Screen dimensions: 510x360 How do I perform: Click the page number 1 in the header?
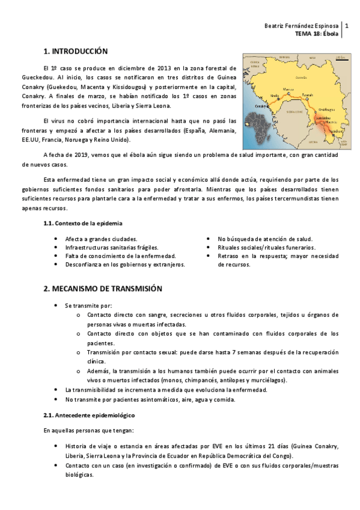[x=346, y=26]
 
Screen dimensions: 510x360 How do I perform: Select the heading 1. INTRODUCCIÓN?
[x=76, y=52]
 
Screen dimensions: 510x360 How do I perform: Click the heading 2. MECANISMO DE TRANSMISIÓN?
[x=103, y=289]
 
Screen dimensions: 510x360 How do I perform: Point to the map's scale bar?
[x=340, y=58]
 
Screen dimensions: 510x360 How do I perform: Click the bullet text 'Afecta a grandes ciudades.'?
[x=101, y=239]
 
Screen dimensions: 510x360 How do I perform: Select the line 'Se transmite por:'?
[x=88, y=306]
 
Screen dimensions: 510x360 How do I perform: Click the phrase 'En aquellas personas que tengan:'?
[x=83, y=430]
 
